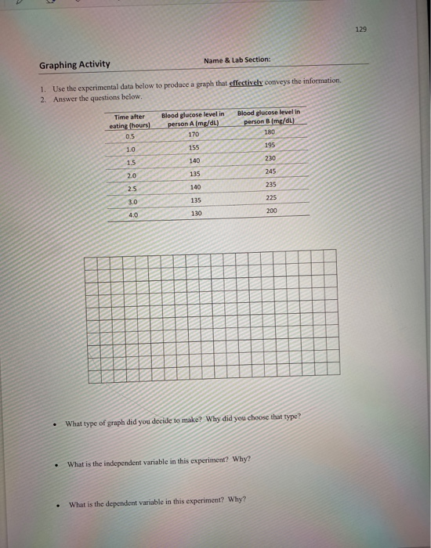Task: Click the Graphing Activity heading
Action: (x=74, y=65)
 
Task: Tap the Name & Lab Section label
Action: (x=237, y=60)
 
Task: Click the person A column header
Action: (x=193, y=119)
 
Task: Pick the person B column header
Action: (x=269, y=117)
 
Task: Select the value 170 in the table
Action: (x=194, y=134)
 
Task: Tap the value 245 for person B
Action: (x=270, y=171)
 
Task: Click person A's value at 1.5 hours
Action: (x=194, y=160)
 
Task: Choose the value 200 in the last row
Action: (x=271, y=211)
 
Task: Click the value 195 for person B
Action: (x=270, y=145)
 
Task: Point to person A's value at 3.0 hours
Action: (x=195, y=200)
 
